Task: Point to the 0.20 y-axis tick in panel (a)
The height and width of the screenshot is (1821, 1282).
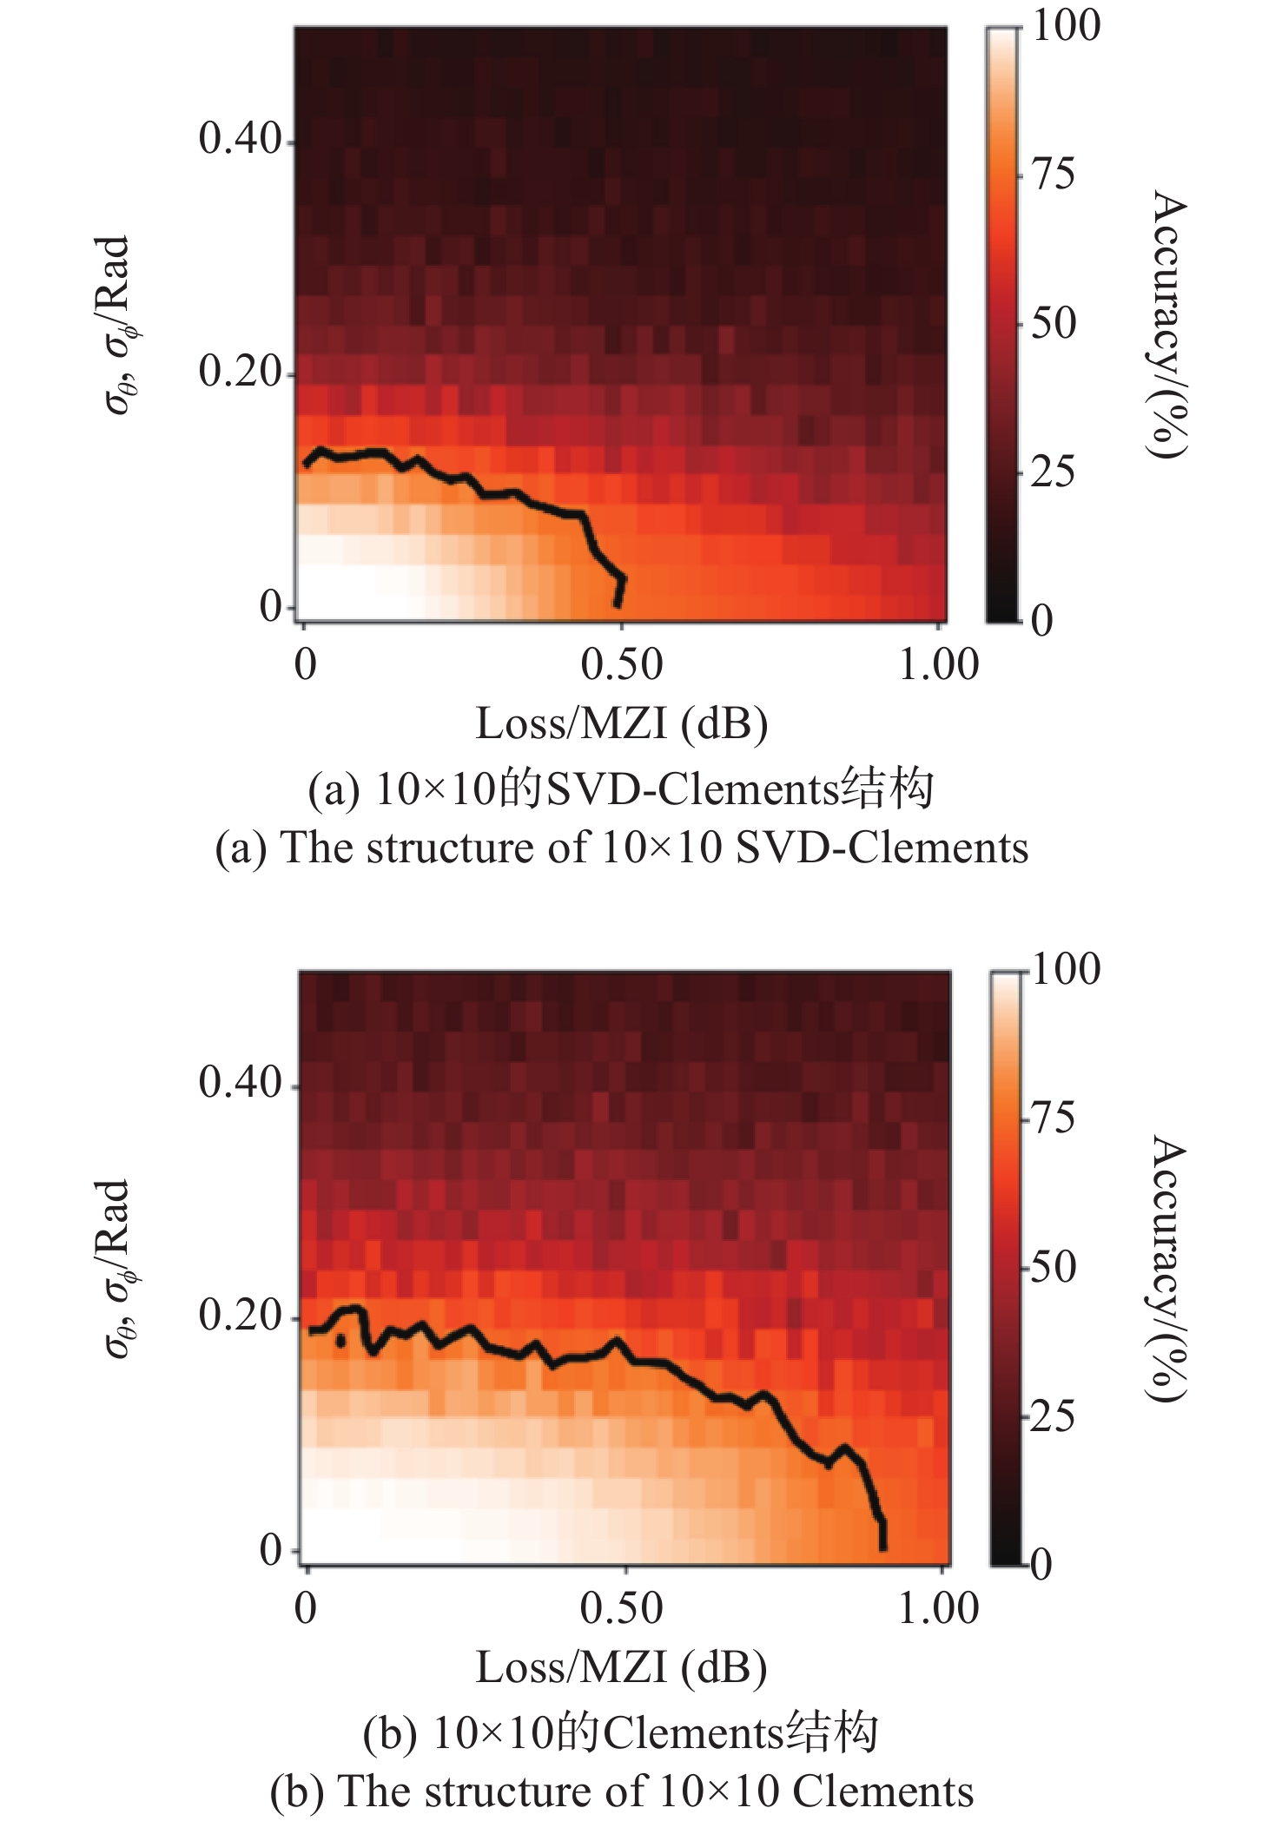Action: pos(241,372)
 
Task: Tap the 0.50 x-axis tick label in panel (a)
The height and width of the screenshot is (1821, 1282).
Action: pos(621,665)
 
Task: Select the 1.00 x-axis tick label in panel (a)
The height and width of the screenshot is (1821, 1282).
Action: pos(938,665)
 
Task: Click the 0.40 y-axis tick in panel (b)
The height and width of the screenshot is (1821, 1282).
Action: pos(241,1083)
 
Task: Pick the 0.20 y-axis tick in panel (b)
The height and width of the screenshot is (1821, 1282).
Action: pos(241,1316)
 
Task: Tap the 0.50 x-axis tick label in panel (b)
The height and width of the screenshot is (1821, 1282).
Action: pos(621,1608)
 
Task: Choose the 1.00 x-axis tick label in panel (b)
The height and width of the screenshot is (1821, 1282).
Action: pos(938,1608)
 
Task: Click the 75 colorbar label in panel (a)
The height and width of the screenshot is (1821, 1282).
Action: pos(1053,175)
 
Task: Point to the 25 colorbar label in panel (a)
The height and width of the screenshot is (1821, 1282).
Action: pos(1053,472)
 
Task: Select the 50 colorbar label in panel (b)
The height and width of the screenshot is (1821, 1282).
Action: pos(1053,1267)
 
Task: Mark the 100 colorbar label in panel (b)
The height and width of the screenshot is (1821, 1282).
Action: pos(1065,968)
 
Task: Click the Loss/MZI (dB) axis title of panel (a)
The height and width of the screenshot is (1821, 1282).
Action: pos(621,723)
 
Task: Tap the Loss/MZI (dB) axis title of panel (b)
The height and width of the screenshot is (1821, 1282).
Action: pos(621,1667)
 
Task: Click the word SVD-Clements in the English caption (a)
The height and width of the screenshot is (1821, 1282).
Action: pos(882,848)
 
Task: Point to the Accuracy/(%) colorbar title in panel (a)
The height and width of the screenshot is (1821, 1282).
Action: pos(1166,324)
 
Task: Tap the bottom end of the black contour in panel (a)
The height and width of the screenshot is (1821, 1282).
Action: pos(618,604)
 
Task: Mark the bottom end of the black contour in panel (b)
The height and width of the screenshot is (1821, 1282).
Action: pos(883,1547)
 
